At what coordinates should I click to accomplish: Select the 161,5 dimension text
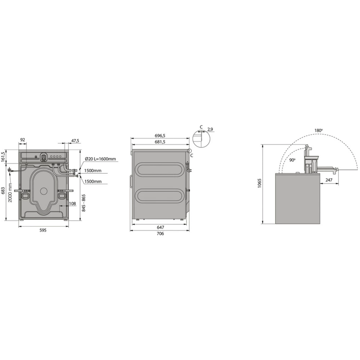(4, 157)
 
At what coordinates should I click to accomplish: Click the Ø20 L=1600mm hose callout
(100, 159)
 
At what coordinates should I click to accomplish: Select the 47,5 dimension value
(75, 141)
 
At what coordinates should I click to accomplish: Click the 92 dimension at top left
(23, 140)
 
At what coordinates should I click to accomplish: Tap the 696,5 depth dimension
(160, 136)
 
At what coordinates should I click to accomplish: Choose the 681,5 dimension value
(160, 142)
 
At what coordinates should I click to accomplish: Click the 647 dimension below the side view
(161, 227)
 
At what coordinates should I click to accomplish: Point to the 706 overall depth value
(161, 234)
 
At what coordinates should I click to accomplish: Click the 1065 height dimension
(260, 184)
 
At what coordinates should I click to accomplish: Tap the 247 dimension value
(329, 180)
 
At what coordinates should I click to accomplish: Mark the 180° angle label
(318, 130)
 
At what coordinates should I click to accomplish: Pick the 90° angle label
(292, 160)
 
